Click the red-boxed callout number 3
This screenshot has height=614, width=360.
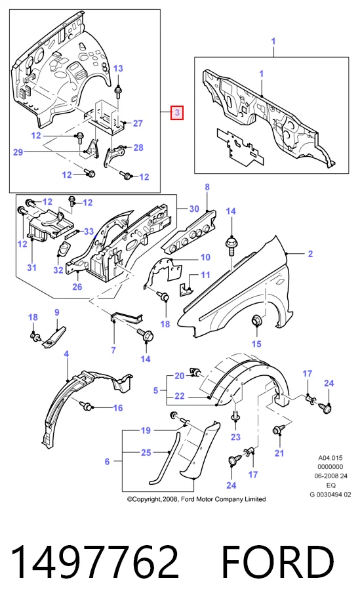point(177,113)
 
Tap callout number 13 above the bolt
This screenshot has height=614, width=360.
point(118,68)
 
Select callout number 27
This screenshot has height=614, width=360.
point(138,123)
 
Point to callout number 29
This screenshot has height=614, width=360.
point(18,152)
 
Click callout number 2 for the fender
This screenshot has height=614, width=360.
point(310,254)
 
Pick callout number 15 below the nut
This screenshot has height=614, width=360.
point(256,344)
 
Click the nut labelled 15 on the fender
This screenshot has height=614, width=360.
point(256,321)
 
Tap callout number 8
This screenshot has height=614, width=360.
point(207,187)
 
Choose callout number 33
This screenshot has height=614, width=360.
point(89,232)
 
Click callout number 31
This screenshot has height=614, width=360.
point(31,268)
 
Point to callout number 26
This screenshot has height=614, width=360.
point(77,287)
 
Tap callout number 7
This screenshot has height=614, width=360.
point(113,350)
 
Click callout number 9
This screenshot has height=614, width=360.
point(57,312)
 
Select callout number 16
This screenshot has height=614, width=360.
point(118,408)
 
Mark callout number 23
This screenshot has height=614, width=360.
point(235,437)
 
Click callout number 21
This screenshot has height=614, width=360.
point(279,453)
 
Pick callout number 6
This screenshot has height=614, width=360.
point(108,462)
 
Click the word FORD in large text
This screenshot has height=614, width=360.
point(278,562)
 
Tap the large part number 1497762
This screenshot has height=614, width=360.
point(94,562)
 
